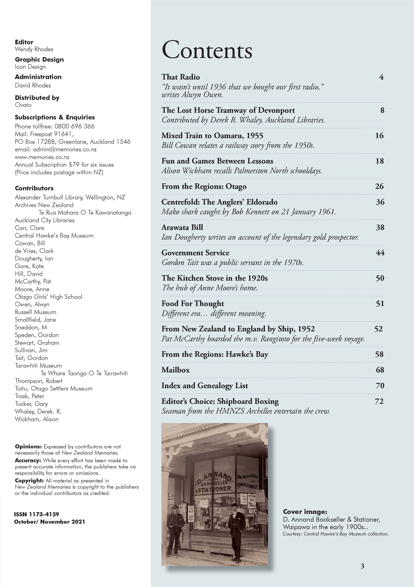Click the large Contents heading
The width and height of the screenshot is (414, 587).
(207, 50)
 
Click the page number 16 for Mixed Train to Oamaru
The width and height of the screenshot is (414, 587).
(379, 136)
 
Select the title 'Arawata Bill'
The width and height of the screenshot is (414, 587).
(182, 228)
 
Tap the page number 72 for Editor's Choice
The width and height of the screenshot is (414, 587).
(379, 401)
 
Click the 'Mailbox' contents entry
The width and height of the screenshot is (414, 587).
(176, 370)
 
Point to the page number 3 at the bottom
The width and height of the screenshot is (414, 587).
(362, 566)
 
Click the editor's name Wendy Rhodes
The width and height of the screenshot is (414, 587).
(34, 49)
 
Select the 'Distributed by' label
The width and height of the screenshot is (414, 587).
(37, 98)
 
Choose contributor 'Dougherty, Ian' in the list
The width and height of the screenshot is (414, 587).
(34, 259)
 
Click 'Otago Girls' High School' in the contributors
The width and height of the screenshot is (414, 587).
(48, 297)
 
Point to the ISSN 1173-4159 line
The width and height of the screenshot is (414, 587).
(37, 514)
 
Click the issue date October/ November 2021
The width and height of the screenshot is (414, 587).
(50, 522)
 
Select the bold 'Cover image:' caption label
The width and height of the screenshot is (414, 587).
(305, 512)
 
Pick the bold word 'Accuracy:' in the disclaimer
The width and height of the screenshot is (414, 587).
(28, 461)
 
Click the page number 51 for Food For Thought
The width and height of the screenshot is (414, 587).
(380, 304)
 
